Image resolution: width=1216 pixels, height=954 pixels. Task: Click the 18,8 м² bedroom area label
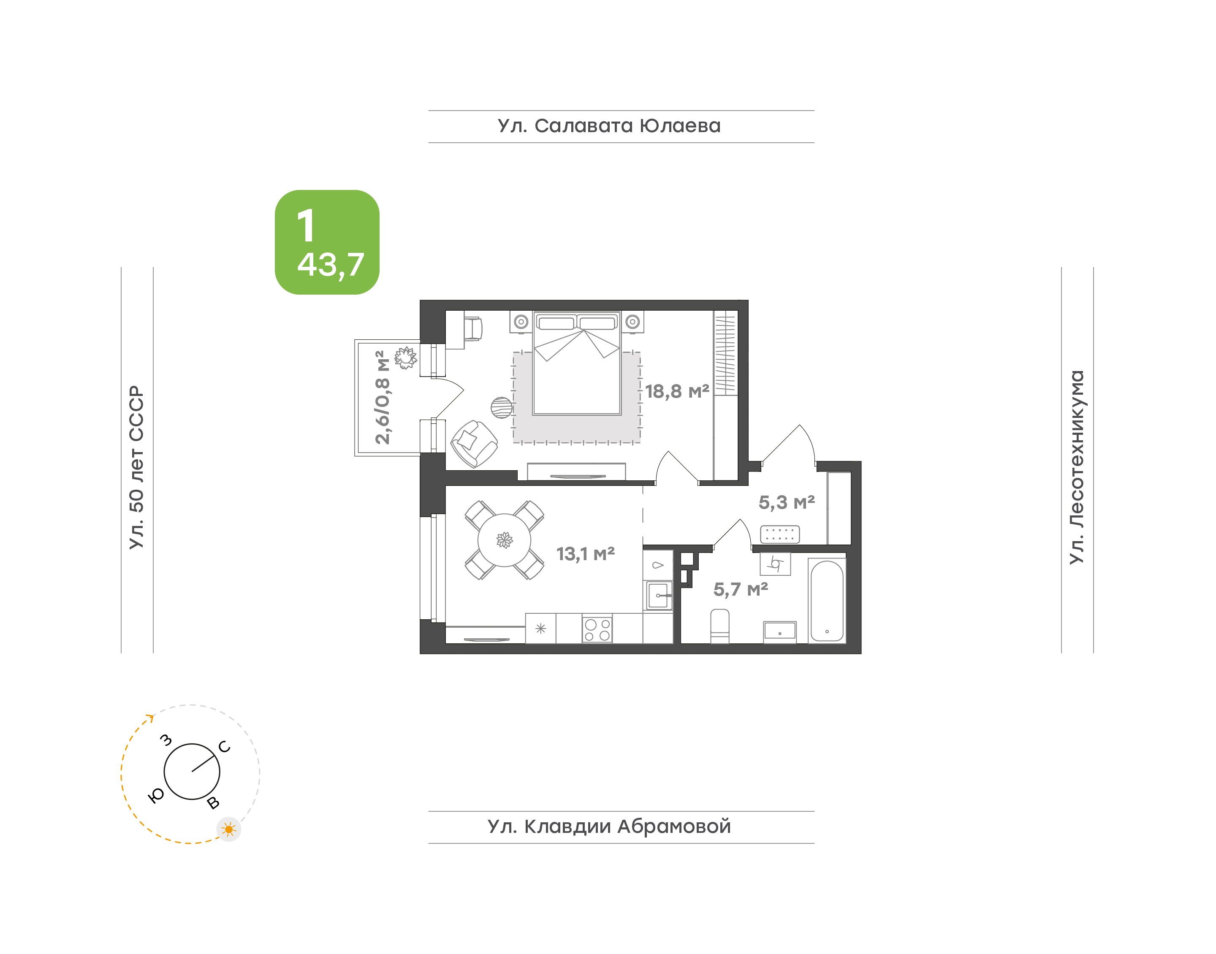click(x=677, y=392)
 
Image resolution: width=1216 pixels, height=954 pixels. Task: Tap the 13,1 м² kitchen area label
click(x=585, y=554)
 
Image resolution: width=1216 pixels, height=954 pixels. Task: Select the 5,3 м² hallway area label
click(x=787, y=503)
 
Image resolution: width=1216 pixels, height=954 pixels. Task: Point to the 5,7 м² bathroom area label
click(x=741, y=589)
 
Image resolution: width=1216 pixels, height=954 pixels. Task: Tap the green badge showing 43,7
click(x=327, y=242)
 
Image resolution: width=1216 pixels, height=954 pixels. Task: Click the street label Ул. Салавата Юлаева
click(x=609, y=126)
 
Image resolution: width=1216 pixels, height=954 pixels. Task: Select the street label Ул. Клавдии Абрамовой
click(x=609, y=827)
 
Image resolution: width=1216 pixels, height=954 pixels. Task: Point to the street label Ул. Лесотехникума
click(x=1076, y=467)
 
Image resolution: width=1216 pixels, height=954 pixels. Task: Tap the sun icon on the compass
click(x=228, y=829)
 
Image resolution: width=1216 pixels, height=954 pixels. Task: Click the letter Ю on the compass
click(x=156, y=796)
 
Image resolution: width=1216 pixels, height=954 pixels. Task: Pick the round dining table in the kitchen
click(x=505, y=540)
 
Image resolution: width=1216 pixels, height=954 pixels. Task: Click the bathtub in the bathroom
click(x=827, y=600)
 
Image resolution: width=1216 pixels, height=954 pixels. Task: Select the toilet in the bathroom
click(x=720, y=626)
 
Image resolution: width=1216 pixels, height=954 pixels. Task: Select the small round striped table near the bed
click(x=502, y=408)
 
